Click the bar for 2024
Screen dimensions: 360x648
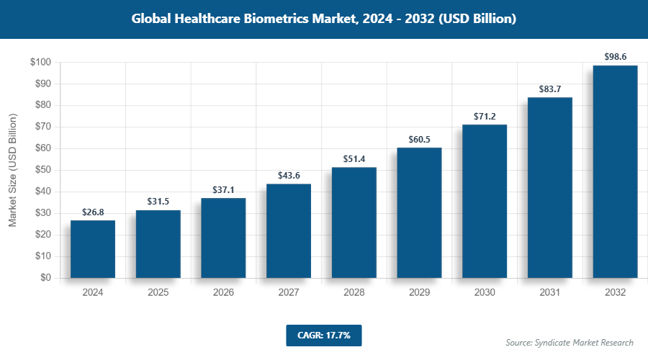(x=93, y=249)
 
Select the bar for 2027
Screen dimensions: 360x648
(x=289, y=231)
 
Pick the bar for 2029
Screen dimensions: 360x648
(x=419, y=212)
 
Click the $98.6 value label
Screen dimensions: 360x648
(x=615, y=55)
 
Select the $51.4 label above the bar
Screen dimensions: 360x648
(x=354, y=158)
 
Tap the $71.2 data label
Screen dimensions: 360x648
(x=485, y=115)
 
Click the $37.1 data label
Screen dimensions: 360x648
(x=223, y=189)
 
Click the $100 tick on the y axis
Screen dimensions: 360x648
(x=40, y=63)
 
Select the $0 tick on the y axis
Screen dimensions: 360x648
(x=45, y=278)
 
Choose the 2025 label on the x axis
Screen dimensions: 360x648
(x=158, y=293)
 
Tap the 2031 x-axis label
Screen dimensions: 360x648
(x=550, y=293)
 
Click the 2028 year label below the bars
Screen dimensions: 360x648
(x=354, y=293)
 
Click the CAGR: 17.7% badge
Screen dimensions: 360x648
(x=323, y=335)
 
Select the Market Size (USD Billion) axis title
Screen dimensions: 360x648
(x=12, y=170)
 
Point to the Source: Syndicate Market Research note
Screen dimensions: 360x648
(x=569, y=343)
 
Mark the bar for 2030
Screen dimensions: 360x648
(x=485, y=201)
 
